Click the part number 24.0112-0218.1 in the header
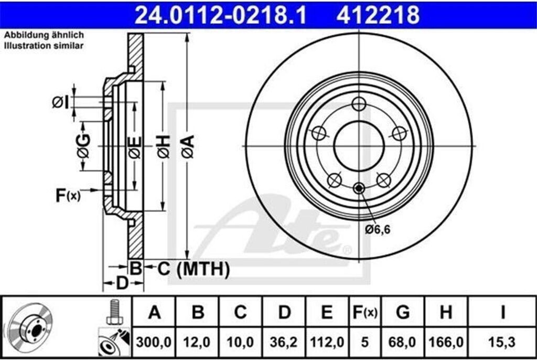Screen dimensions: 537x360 221,15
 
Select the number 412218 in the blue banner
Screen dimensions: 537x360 378,15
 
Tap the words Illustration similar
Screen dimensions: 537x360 44,45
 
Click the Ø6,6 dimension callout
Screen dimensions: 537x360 378,229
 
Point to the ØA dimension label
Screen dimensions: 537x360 188,146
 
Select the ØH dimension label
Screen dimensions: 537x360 164,146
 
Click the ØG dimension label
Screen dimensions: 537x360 83,146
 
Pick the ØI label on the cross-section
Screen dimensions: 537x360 60,102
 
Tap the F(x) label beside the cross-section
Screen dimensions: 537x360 68,195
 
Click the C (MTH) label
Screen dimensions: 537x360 193,269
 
